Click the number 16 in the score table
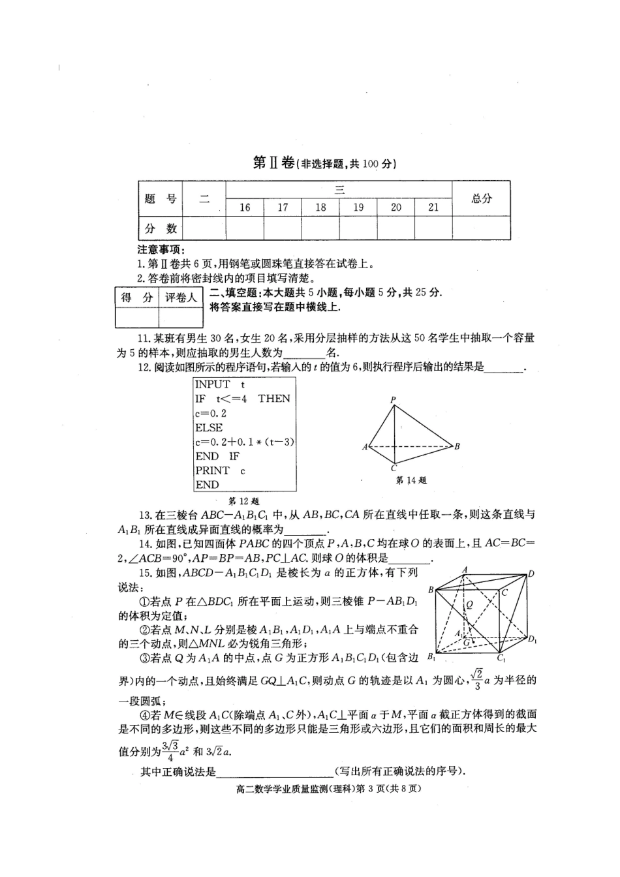(245, 208)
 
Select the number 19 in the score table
(358, 208)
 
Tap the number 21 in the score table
(433, 208)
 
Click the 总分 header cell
(482, 199)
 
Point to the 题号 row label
(161, 199)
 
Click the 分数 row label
(161, 228)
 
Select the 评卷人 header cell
(181, 298)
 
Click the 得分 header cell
(137, 298)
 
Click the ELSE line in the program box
(209, 427)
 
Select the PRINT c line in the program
(220, 470)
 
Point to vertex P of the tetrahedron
(393, 399)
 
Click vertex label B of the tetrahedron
(457, 446)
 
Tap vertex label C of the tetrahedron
(394, 468)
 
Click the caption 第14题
(411, 480)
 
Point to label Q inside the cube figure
(469, 605)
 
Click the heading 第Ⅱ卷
(273, 163)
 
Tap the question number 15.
(144, 572)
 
